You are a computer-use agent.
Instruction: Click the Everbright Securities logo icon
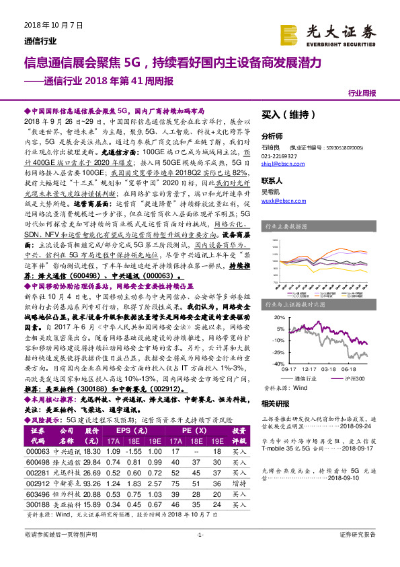point(290,33)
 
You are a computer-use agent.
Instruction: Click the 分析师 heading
point(272,135)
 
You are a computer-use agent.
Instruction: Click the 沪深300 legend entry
point(348,379)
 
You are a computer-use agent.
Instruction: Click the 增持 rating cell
point(239,483)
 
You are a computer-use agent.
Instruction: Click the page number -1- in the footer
point(200,553)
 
